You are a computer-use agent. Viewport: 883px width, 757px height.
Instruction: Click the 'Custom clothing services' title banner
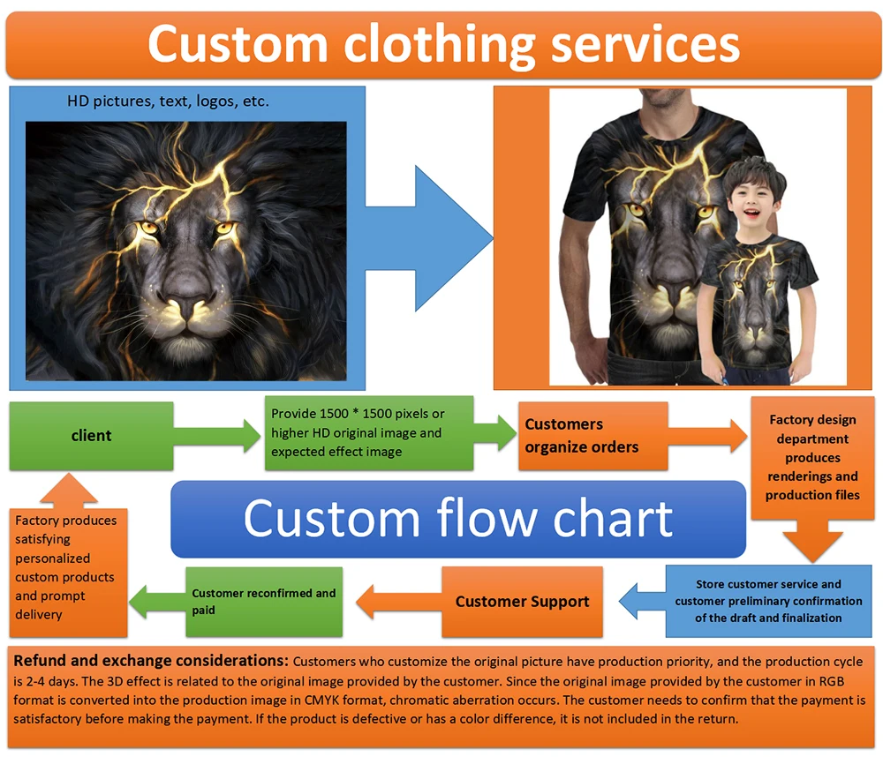443,45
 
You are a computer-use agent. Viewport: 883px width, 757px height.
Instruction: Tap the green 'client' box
91,435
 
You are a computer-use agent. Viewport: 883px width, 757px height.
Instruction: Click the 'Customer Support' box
522,602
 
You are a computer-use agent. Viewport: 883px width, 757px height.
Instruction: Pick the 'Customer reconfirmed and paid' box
263,602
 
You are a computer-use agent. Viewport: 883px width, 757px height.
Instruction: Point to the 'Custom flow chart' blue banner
457,519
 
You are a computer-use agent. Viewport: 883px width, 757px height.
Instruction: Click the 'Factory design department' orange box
811,457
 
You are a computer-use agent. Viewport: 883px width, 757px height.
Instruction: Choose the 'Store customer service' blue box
768,601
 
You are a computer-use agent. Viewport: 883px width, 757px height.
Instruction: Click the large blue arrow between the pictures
433,235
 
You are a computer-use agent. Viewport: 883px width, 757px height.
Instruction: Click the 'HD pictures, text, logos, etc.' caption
168,101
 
